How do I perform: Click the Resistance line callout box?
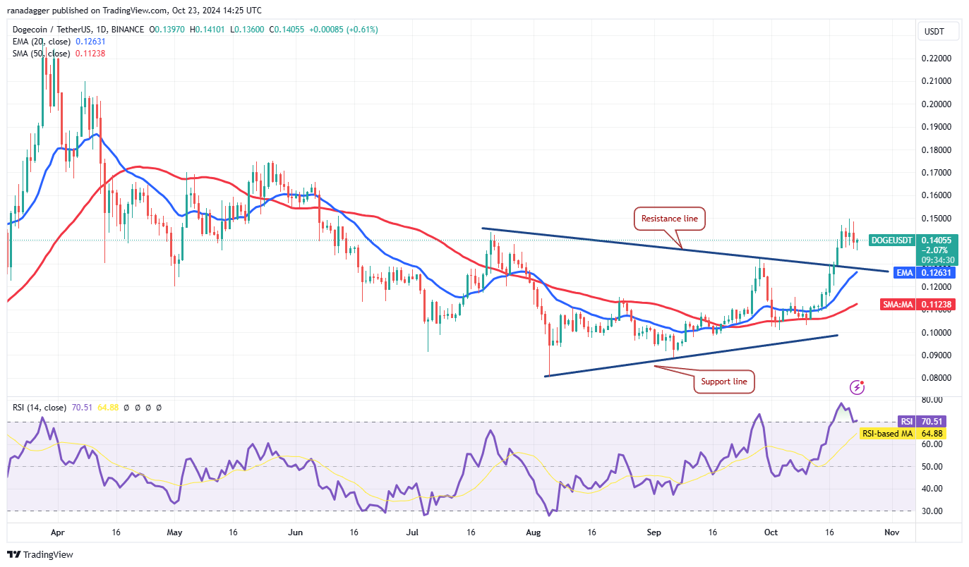click(669, 219)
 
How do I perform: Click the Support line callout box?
click(724, 382)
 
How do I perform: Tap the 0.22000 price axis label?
click(935, 58)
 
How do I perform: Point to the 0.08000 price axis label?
click(935, 378)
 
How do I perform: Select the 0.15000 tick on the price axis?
click(935, 218)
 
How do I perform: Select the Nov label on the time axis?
click(891, 532)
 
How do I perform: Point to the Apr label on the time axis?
click(58, 532)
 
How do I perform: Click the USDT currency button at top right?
click(933, 31)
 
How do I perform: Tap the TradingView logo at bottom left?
click(41, 554)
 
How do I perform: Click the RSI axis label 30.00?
click(932, 511)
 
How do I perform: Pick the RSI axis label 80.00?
click(932, 400)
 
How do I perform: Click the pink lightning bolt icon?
click(857, 387)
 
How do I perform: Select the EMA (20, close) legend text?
click(40, 42)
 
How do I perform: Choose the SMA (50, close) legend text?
click(40, 54)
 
